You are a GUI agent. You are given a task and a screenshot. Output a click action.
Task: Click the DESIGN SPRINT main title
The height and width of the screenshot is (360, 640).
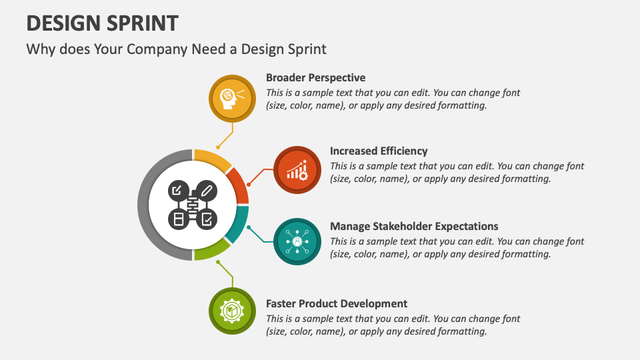pos(102,23)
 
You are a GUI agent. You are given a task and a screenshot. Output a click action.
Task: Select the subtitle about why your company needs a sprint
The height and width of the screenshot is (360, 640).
pos(176,49)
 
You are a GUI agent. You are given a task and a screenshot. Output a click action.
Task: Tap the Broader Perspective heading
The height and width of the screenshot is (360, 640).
pos(315,77)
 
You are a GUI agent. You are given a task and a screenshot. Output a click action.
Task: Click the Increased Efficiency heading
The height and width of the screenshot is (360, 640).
pos(379,151)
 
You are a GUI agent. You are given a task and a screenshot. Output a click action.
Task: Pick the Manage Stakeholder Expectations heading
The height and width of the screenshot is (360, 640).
pos(414,226)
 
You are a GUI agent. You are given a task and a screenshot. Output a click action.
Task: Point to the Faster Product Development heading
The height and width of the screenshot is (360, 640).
pos(337,303)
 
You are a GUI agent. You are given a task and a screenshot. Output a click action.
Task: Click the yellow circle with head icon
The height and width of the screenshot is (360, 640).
pos(232,97)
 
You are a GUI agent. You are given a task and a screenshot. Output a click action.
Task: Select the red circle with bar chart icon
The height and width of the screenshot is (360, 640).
pos(297,170)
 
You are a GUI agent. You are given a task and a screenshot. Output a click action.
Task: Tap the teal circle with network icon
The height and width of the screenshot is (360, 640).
pos(297,241)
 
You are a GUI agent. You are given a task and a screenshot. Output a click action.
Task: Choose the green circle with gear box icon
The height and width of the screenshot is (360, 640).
pos(232,311)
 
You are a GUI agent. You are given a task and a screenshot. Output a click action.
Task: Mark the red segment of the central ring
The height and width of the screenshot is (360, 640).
pos(239,185)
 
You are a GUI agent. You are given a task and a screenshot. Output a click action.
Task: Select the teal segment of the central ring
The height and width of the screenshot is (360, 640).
pos(237,225)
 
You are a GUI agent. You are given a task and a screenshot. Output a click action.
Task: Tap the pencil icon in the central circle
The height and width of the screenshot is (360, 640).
pos(207,191)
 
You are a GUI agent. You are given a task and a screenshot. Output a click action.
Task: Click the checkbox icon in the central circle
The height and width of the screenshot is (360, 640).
pos(207,218)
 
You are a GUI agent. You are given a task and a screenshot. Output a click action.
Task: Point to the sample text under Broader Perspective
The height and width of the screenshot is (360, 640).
pos(393,99)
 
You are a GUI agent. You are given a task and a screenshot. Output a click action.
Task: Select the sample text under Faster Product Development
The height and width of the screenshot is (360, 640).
pos(393,325)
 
